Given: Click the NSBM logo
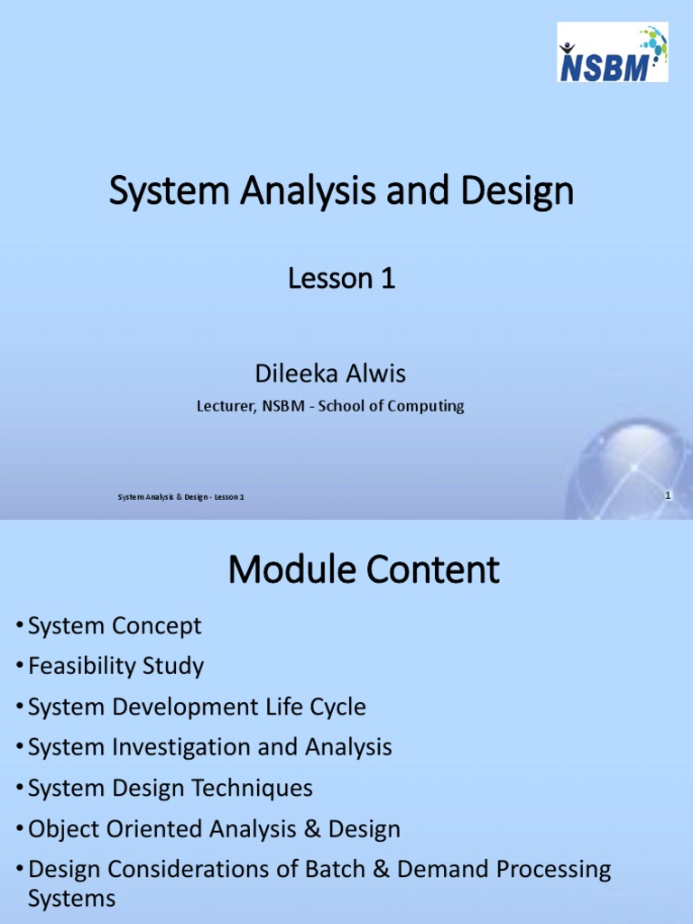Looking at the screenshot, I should [612, 52].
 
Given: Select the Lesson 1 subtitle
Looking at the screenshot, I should [342, 280].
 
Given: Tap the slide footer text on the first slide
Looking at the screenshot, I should [180, 497].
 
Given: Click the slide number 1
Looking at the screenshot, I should [667, 495].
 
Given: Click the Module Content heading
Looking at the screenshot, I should [364, 569].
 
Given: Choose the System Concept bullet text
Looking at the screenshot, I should [115, 625].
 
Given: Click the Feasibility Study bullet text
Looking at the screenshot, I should [115, 666].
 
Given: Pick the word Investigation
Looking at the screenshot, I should [181, 747].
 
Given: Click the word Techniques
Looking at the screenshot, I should [254, 788].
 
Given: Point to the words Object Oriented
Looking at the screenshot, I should [112, 828].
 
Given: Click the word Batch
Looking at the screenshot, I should [344, 869].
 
